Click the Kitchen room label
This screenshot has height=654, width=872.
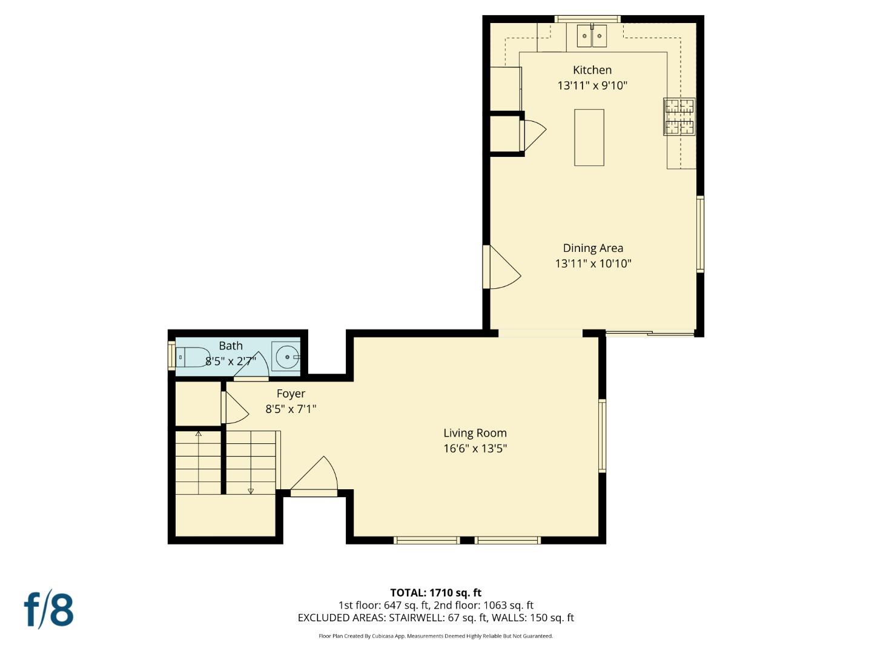point(592,70)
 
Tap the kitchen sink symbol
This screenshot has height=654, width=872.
point(592,36)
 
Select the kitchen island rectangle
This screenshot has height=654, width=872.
point(589,137)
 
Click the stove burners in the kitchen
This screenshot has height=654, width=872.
point(679,116)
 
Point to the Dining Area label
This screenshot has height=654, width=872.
point(593,248)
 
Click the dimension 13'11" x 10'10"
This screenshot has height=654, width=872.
point(593,263)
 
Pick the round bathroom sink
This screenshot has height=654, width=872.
point(286,357)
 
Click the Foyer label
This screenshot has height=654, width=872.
point(291,394)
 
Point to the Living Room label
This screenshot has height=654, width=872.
point(475,433)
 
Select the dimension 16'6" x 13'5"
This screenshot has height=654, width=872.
point(475,449)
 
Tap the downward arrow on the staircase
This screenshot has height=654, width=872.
point(251,490)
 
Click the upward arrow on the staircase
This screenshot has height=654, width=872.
point(198,434)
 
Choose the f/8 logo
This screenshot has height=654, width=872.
point(49,609)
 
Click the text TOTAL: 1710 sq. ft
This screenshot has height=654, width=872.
point(435,593)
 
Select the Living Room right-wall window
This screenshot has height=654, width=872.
point(602,435)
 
